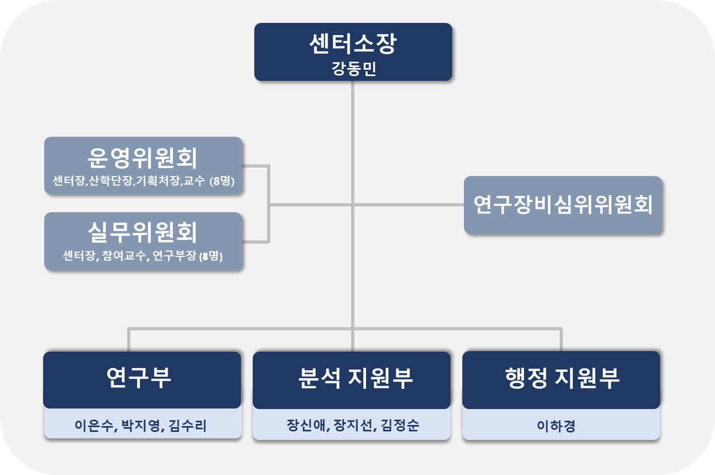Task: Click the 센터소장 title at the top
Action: (353, 44)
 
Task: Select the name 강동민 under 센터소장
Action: (354, 69)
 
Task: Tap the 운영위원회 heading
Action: (143, 158)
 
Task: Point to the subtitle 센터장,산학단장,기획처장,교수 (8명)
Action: (143, 181)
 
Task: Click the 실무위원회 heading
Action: (143, 232)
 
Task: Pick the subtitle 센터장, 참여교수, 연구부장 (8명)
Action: (143, 256)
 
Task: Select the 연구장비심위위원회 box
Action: (563, 205)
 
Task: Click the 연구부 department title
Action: (138, 378)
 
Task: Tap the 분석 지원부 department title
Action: (355, 378)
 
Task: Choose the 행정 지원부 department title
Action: (562, 378)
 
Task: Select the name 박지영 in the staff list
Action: (141, 426)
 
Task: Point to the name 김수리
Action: (187, 426)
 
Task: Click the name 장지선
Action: (353, 425)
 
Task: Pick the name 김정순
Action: (400, 425)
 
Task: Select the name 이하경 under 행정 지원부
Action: (556, 426)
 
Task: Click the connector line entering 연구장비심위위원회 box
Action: (409, 205)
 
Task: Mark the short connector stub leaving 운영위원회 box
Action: (255, 165)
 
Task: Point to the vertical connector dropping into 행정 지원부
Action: (561, 340)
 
